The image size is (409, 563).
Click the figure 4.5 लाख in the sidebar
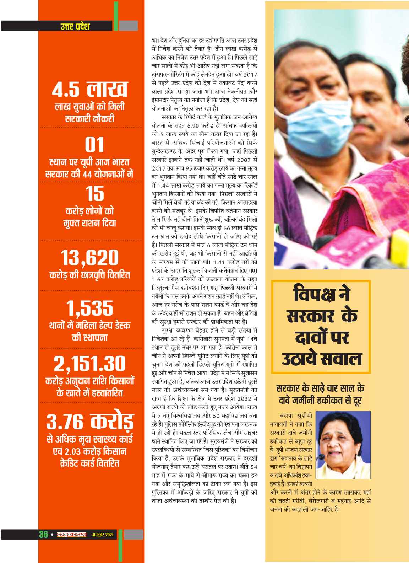pyautogui.click(x=89, y=90)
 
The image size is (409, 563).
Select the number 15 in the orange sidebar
pyautogui.click(x=95, y=194)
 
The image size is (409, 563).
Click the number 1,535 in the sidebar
pyautogui.click(x=89, y=309)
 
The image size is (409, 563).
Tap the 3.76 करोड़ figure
pyautogui.click(x=89, y=421)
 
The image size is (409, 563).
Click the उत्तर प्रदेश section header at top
pyautogui.click(x=75, y=26)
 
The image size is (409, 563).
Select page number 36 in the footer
pyautogui.click(x=43, y=534)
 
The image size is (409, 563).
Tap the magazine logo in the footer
pyautogui.click(x=70, y=534)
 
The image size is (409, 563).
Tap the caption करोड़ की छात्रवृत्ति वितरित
pyautogui.click(x=89, y=275)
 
